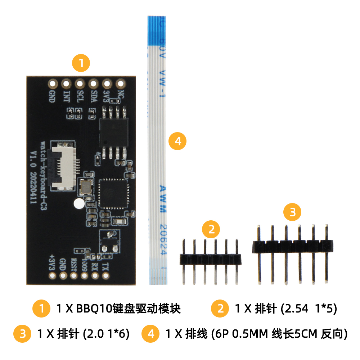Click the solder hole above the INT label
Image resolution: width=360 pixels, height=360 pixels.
(66, 84)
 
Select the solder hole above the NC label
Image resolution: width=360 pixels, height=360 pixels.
(120, 84)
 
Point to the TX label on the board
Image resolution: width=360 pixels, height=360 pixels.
(105, 265)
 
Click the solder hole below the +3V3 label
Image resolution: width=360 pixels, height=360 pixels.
(53, 276)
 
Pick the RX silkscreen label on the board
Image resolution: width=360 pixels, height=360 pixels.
(95, 265)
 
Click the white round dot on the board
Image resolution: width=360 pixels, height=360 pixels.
(78, 204)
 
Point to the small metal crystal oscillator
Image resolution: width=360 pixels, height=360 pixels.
(86, 187)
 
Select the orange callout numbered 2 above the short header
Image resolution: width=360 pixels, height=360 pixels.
(211, 229)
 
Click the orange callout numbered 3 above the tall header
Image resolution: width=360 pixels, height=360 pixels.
(292, 212)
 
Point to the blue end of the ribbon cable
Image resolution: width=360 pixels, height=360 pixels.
(156, 31)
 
